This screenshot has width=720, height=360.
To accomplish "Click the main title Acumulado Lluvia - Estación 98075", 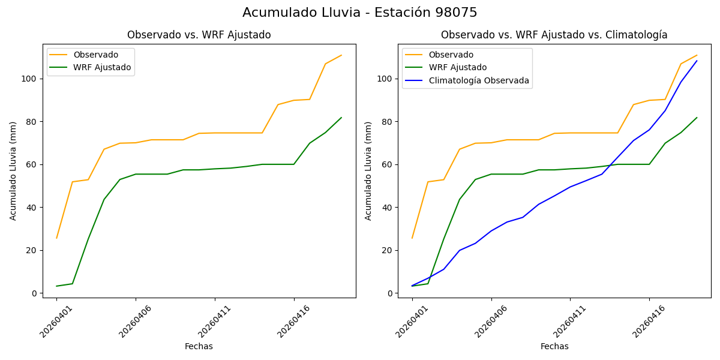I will (360, 13).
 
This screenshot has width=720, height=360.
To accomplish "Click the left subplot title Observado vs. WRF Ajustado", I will (199, 35).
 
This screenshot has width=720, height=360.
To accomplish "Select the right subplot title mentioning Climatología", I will (554, 35).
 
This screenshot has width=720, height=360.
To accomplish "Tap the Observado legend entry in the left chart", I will (95, 55).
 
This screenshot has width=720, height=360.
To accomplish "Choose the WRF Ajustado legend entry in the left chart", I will (102, 67).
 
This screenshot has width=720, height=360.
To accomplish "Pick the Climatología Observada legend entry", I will (479, 80).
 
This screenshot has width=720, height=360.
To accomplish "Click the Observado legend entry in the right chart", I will (451, 55).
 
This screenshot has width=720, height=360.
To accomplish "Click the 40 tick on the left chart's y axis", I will (33, 208).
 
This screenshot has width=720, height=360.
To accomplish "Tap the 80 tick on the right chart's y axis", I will (388, 122).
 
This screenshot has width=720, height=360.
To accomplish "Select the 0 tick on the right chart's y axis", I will (391, 293).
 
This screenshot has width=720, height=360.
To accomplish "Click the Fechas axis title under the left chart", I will (199, 346).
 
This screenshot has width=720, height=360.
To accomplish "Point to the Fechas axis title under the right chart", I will (554, 346).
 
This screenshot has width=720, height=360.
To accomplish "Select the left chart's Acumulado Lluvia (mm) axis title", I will (13, 171).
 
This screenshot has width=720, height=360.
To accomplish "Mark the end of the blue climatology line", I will (697, 61).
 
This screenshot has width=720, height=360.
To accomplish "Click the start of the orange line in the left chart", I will (56, 238).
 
